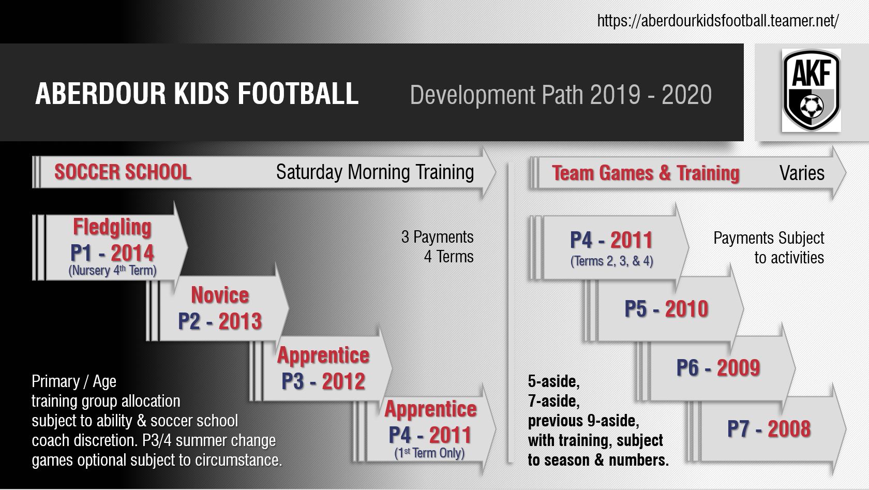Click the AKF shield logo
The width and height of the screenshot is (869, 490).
pyautogui.click(x=811, y=90)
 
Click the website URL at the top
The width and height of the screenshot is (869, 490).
pyautogui.click(x=718, y=21)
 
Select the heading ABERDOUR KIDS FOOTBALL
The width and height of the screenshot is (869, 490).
pyautogui.click(x=197, y=94)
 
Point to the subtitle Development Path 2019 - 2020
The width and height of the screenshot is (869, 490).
pyautogui.click(x=561, y=95)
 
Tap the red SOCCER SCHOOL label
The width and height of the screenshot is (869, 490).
pyautogui.click(x=123, y=172)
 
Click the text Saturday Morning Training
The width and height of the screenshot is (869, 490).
pyautogui.click(x=374, y=172)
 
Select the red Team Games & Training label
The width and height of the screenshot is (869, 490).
pyautogui.click(x=646, y=173)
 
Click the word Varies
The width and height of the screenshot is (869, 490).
pyautogui.click(x=802, y=173)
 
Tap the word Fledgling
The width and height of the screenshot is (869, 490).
pyautogui.click(x=112, y=228)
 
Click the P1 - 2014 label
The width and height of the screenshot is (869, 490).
pyautogui.click(x=112, y=253)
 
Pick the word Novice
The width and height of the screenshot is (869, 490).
pyautogui.click(x=220, y=295)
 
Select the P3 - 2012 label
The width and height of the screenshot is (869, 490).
pyautogui.click(x=323, y=381)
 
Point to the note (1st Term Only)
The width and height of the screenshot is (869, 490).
pyautogui.click(x=429, y=453)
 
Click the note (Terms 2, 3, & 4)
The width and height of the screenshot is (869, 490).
pyautogui.click(x=612, y=261)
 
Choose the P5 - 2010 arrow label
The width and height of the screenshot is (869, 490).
pyautogui.click(x=666, y=309)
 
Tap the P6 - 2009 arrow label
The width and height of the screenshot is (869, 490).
pyautogui.click(x=718, y=368)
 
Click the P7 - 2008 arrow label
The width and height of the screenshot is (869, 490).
pyautogui.click(x=769, y=429)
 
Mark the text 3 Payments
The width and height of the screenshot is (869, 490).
pyautogui.click(x=437, y=237)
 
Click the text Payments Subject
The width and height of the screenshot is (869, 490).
pyautogui.click(x=769, y=238)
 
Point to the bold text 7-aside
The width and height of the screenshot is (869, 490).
pyautogui.click(x=553, y=401)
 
